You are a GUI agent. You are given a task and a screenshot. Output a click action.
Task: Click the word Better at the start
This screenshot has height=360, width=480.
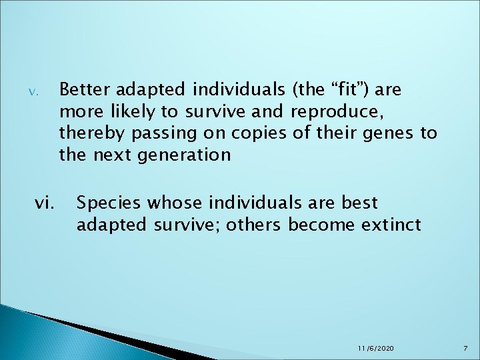coord(82,89)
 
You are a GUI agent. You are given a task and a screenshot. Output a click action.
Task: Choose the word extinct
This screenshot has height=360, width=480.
coord(391,224)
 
